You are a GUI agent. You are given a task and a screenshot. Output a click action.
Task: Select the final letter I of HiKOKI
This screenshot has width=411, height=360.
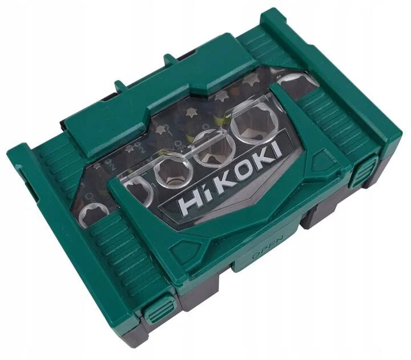click(x=276, y=150)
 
